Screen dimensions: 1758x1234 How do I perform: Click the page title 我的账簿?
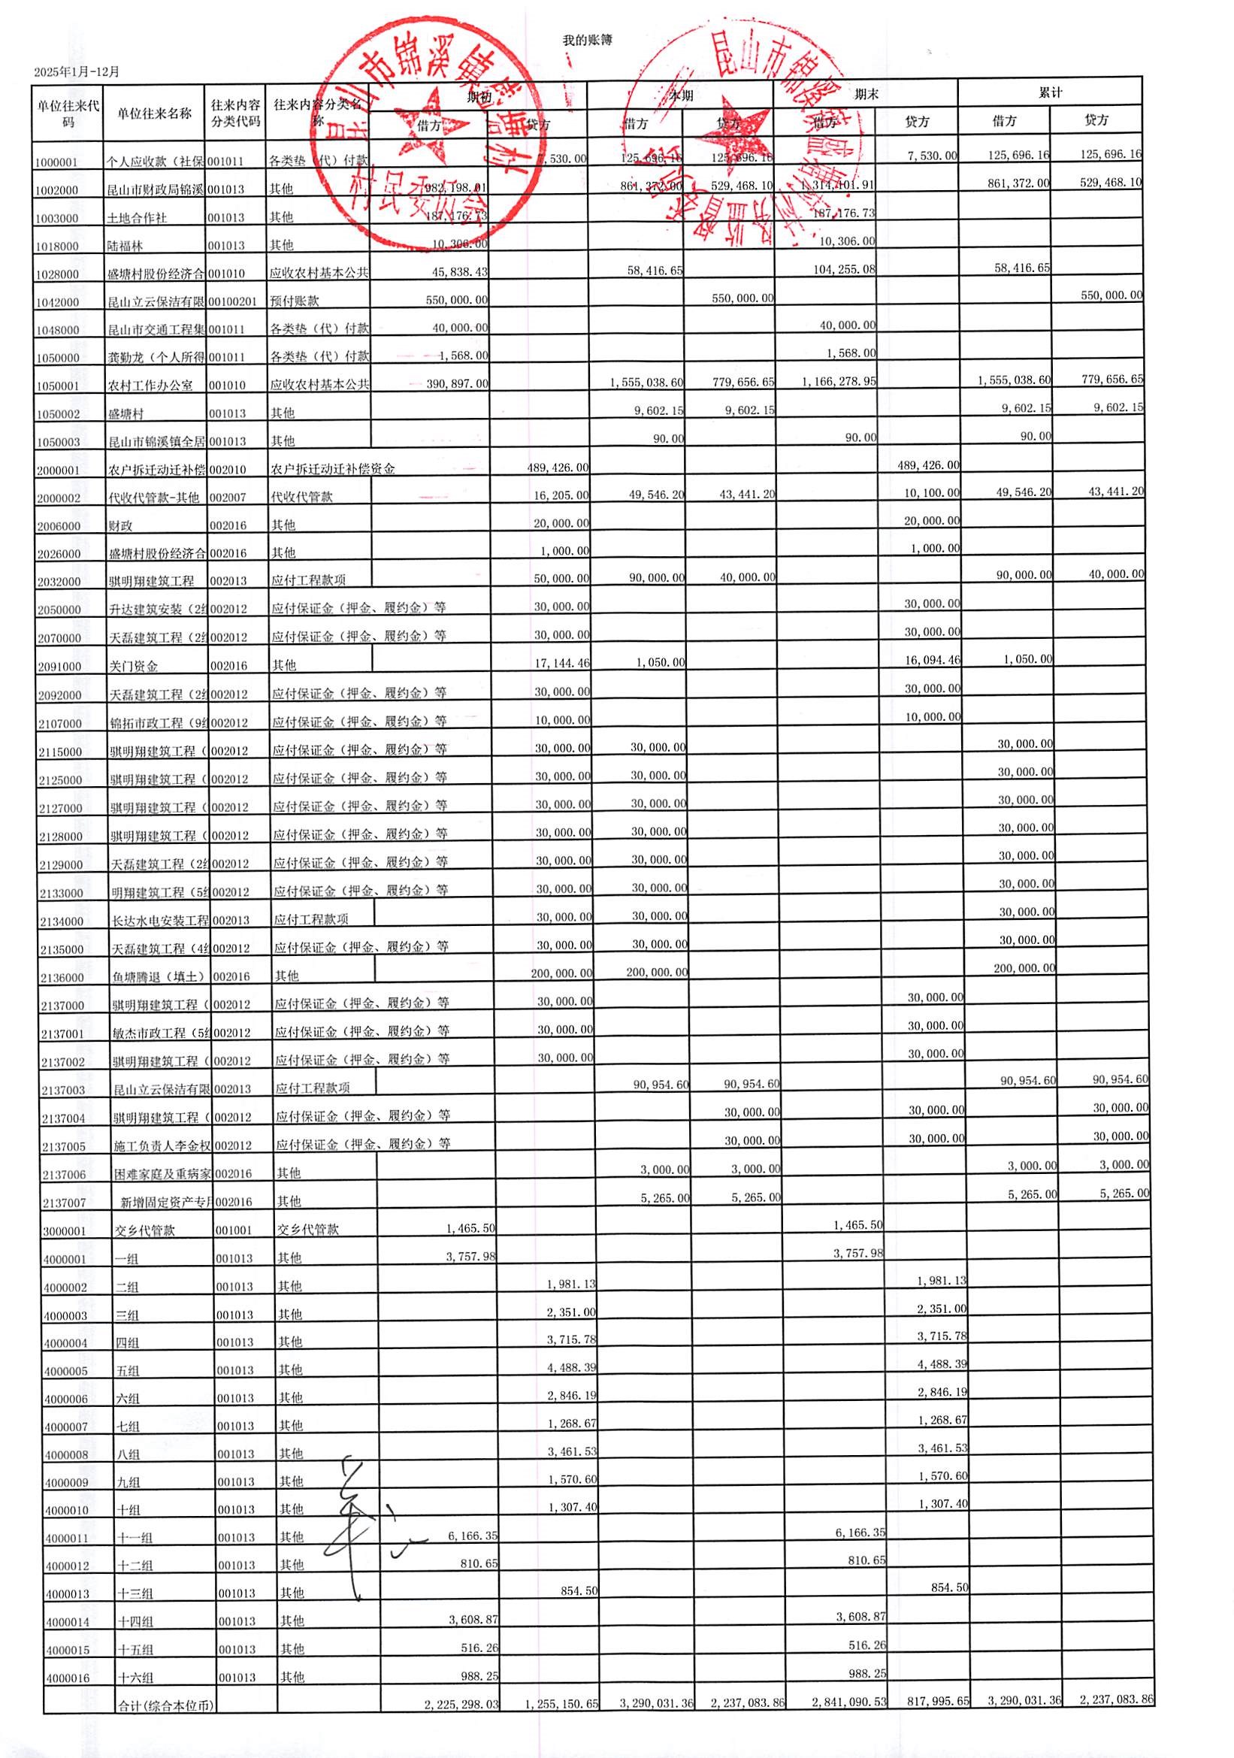point(587,40)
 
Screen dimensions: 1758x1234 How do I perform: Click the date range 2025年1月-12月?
point(77,72)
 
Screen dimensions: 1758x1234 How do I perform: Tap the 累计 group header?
point(1050,92)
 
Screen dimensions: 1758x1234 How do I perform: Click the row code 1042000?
point(56,302)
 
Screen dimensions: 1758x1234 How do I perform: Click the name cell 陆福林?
point(125,247)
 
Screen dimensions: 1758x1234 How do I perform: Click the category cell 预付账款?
point(294,301)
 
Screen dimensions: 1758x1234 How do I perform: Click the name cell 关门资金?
point(133,666)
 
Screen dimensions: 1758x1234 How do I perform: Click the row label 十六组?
point(135,1678)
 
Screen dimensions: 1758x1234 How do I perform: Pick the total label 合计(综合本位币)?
point(165,1705)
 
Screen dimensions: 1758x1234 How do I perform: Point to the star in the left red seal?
point(429,123)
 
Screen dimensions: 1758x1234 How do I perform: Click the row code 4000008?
point(66,1455)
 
